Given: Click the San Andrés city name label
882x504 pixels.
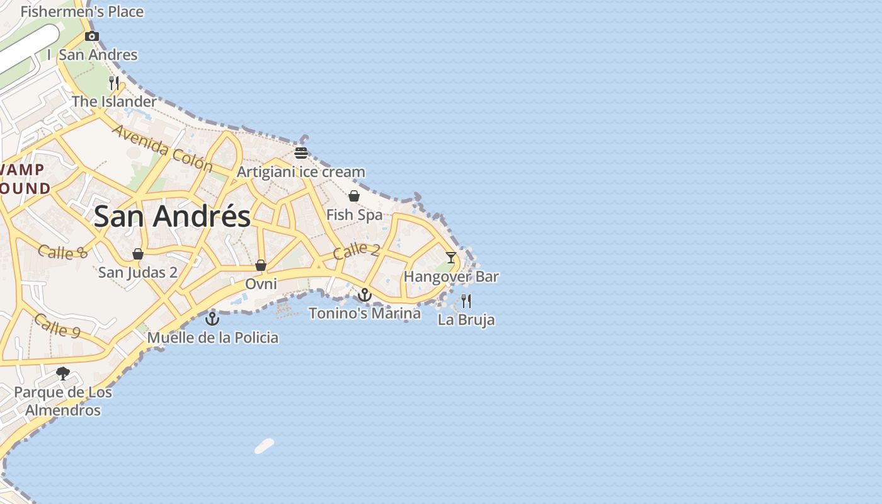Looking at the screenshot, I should (x=172, y=216).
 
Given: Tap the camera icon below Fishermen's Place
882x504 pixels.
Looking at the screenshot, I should (x=92, y=36).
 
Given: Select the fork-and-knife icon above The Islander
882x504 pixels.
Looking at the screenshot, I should (x=114, y=83).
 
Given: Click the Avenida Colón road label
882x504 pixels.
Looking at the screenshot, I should (x=163, y=148).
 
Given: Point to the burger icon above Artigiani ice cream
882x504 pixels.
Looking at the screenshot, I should (x=301, y=152).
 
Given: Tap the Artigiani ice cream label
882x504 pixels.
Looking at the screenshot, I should (x=301, y=171).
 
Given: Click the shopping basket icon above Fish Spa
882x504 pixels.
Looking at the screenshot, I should (x=354, y=196).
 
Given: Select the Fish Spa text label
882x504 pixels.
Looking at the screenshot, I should (x=354, y=215).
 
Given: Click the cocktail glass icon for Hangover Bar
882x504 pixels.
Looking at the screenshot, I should (x=451, y=257).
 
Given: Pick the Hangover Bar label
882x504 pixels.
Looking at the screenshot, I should (x=451, y=277).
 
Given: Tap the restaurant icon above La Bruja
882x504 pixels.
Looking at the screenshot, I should (x=466, y=301).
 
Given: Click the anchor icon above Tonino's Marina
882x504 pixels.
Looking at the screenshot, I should (x=365, y=294).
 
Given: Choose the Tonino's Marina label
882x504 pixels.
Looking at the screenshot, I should (x=365, y=313).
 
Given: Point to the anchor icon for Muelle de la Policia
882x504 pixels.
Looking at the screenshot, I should (x=212, y=319).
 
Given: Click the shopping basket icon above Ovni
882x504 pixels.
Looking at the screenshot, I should (x=261, y=265).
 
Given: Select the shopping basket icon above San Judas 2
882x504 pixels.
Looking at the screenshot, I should (x=138, y=254).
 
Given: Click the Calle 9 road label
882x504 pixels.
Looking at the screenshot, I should (x=57, y=325).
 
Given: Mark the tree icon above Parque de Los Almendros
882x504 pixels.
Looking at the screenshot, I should (x=63, y=374).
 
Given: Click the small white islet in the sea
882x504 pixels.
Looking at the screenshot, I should (x=265, y=446).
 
